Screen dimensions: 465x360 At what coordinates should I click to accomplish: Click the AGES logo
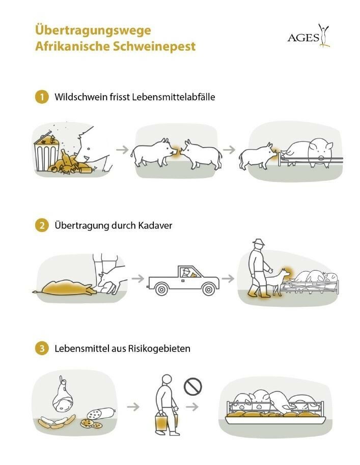click(309, 36)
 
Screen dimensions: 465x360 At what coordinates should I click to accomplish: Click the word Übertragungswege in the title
click(93, 30)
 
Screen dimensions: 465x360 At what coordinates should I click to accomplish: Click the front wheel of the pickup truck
click(207, 289)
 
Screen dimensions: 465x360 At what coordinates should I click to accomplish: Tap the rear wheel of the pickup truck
click(162, 289)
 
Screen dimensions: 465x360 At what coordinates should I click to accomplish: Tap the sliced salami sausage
click(95, 414)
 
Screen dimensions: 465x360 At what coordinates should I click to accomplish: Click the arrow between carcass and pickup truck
click(136, 278)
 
